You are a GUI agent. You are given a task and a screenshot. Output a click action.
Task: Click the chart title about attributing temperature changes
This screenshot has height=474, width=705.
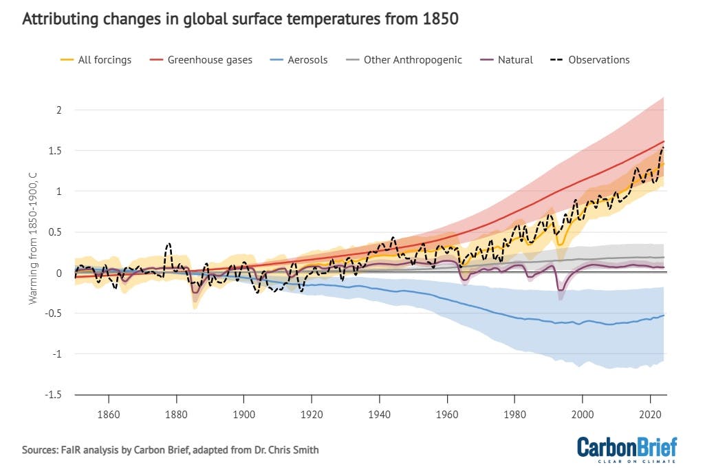[240, 19]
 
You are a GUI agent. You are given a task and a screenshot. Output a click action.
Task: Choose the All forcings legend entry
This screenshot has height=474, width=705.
[96, 60]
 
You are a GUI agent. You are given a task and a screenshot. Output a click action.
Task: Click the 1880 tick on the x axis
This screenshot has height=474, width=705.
[177, 415]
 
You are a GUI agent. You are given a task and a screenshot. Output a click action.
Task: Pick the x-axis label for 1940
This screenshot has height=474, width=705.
[380, 415]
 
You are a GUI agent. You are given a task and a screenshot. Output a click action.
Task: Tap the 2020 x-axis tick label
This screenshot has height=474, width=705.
[650, 415]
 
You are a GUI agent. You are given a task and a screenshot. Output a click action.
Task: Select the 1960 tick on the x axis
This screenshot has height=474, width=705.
[447, 415]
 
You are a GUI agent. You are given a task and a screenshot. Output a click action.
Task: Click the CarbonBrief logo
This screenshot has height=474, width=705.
[627, 448]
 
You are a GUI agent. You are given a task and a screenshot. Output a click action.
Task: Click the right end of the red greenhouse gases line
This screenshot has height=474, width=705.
[664, 141]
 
